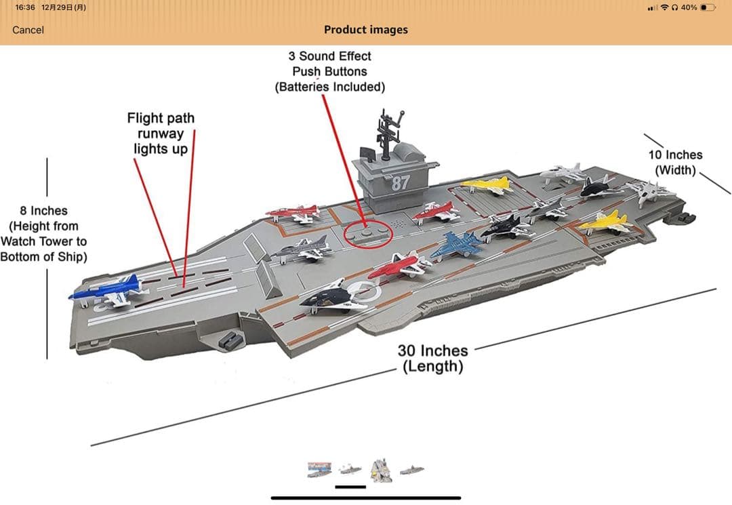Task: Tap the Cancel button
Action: point(28,30)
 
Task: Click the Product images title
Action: point(366,30)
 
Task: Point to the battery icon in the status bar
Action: point(708,7)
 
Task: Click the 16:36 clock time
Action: point(25,7)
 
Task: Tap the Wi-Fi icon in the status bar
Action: point(665,7)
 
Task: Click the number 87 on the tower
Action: point(401,182)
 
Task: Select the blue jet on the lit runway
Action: point(108,290)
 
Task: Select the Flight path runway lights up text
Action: point(161,133)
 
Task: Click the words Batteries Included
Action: point(330,87)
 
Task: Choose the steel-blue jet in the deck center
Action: point(456,245)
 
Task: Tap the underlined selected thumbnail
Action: point(350,470)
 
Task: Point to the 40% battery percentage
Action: point(689,7)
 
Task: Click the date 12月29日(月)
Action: point(64,7)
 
